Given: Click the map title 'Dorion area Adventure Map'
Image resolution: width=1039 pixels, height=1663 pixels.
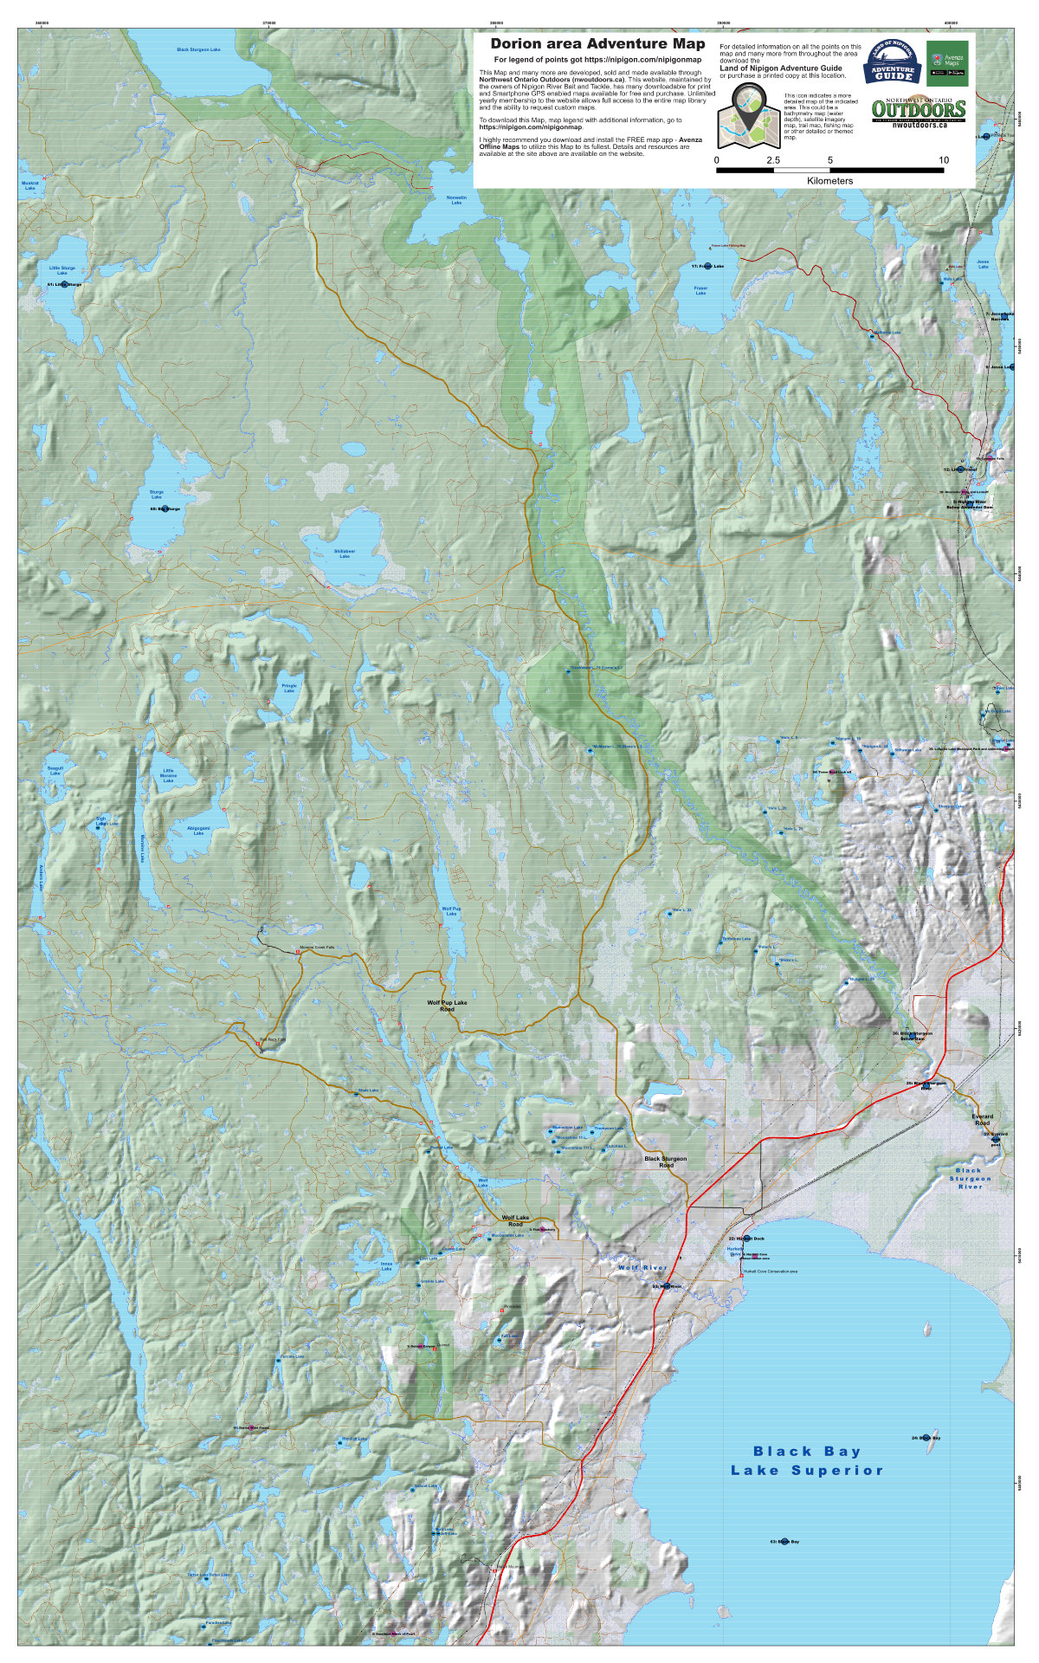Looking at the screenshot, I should pyautogui.click(x=597, y=43).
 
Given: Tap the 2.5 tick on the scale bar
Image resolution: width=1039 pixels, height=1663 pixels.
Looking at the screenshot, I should pyautogui.click(x=773, y=161).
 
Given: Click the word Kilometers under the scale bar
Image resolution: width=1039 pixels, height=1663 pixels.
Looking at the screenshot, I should pyautogui.click(x=829, y=181).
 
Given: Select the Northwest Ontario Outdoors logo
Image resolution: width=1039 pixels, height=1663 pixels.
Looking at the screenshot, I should pyautogui.click(x=918, y=111).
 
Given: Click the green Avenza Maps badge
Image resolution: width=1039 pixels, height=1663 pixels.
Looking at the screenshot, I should pyautogui.click(x=947, y=62).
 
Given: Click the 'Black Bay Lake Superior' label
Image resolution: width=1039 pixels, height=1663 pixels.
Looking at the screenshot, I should pyautogui.click(x=806, y=1460).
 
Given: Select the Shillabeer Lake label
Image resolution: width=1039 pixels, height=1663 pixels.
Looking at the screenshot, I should pyautogui.click(x=344, y=553).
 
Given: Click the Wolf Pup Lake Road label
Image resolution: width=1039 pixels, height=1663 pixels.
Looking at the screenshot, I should pyautogui.click(x=447, y=1006).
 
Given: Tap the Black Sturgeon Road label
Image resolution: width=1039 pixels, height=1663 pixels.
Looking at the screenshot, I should pyautogui.click(x=665, y=1162).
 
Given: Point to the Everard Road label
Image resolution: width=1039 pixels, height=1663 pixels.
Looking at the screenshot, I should pyautogui.click(x=982, y=1119).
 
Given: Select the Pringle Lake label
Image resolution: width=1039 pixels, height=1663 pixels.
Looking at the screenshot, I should pyautogui.click(x=289, y=688).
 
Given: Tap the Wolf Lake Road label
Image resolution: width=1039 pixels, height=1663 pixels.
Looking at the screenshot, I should pyautogui.click(x=515, y=1220).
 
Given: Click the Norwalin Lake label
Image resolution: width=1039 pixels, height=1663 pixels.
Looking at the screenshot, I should pyautogui.click(x=456, y=200).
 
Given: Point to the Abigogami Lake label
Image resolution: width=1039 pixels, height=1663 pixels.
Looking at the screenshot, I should pyautogui.click(x=198, y=831).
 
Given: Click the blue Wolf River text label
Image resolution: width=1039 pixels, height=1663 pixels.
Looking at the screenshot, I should pyautogui.click(x=642, y=1267).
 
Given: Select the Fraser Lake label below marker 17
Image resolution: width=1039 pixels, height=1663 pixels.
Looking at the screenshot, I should pyautogui.click(x=700, y=290).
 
